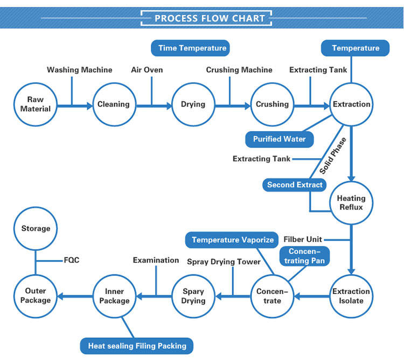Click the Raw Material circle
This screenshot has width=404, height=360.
pyautogui.click(x=36, y=104)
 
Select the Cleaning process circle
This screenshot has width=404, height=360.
pyautogui.click(x=113, y=104)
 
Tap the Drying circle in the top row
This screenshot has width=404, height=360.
pyautogui.click(x=193, y=104)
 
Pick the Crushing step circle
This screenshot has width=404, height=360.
pyautogui.click(x=272, y=104)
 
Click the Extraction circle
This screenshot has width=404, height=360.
pyautogui.click(x=351, y=104)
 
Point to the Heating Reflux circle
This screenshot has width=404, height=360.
pyautogui.click(x=350, y=203)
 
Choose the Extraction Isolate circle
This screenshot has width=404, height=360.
pyautogui.click(x=351, y=296)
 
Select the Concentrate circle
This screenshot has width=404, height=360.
pyautogui.click(x=272, y=296)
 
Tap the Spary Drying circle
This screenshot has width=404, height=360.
pyautogui.click(x=193, y=296)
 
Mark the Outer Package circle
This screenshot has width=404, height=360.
pyautogui.click(x=36, y=296)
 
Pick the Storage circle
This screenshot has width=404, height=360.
pyautogui.click(x=36, y=229)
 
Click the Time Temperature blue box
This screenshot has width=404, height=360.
pyautogui.click(x=192, y=48)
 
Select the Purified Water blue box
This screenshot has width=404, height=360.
pyautogui.click(x=279, y=139)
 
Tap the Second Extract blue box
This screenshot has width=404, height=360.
pyautogui.click(x=295, y=185)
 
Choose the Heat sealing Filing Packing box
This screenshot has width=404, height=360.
pyautogui.click(x=137, y=345)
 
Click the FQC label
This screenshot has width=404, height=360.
pyautogui.click(x=72, y=260)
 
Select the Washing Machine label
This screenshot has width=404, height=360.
pyautogui.click(x=79, y=70)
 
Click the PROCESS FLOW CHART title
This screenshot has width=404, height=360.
pyautogui.click(x=210, y=18)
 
